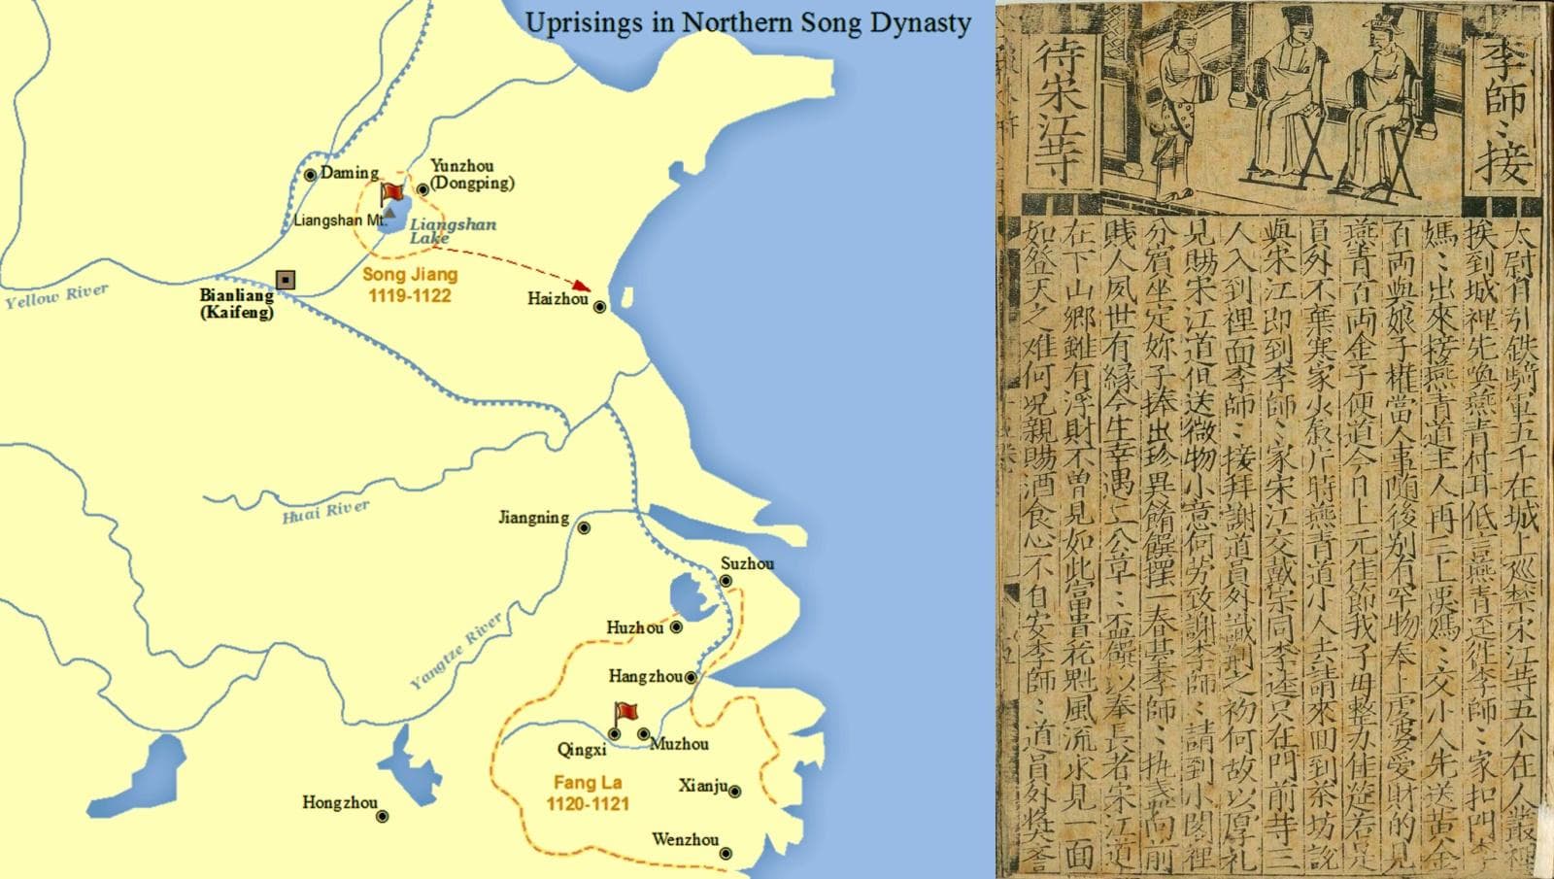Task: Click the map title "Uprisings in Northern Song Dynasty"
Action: tap(747, 22)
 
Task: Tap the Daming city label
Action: tap(350, 173)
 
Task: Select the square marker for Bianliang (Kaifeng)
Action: tap(286, 280)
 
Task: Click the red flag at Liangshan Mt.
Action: tap(392, 192)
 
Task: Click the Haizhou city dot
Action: tap(600, 307)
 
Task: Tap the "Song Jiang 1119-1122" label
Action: tap(409, 285)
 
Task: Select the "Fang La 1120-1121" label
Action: tap(588, 793)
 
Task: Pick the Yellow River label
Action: tap(56, 296)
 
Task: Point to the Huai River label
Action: tap(325, 511)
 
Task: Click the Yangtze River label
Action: tap(456, 651)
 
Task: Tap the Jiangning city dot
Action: tap(584, 528)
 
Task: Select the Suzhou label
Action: tap(747, 563)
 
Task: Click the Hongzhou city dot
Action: tap(383, 817)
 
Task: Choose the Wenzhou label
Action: tap(686, 839)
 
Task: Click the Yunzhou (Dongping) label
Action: tap(471, 174)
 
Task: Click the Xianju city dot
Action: tap(735, 792)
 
